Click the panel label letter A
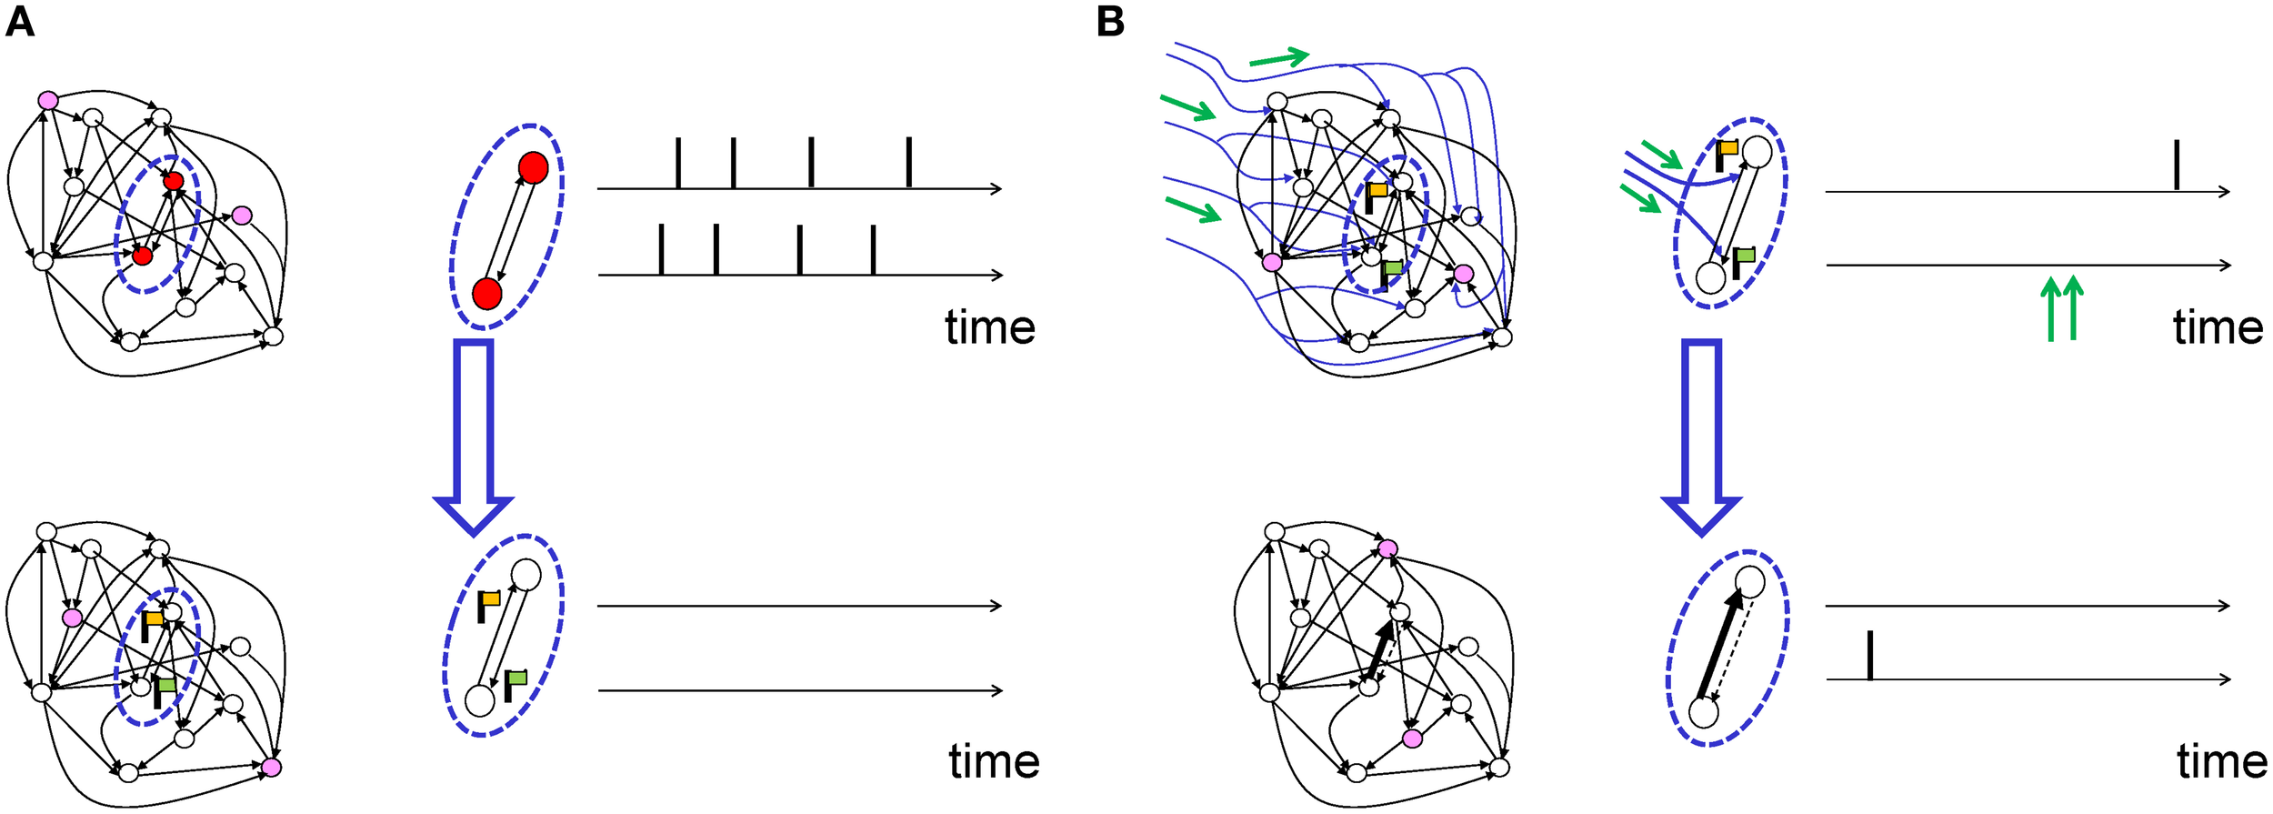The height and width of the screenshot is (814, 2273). point(19,22)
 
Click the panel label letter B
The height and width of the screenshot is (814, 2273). point(1110,22)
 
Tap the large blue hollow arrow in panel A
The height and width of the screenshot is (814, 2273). point(474,437)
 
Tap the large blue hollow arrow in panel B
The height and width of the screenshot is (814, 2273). point(1701,437)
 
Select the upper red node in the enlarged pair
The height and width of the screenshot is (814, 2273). point(533,168)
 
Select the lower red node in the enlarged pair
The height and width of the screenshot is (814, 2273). point(487,294)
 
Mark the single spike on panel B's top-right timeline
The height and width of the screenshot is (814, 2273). point(2176,165)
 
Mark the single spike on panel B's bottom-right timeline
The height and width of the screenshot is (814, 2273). point(1869,655)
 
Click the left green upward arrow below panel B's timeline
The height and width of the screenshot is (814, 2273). point(2050,309)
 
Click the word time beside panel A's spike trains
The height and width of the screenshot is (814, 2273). point(989,327)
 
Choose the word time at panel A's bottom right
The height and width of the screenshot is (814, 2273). point(994,761)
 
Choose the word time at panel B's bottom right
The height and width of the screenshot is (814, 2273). point(2221,761)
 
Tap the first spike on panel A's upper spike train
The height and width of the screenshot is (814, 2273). point(677,164)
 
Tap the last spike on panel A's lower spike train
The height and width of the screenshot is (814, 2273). point(873,250)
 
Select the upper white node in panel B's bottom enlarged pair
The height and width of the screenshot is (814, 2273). point(1750,581)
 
